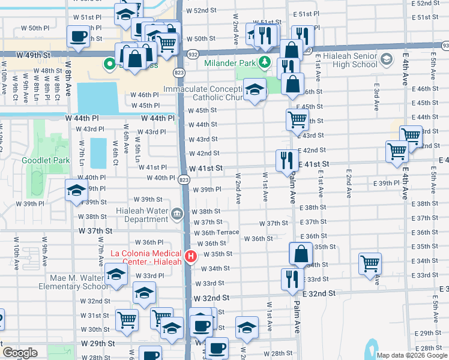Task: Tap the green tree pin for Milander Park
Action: pos(265,62)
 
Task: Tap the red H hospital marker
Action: pos(191,257)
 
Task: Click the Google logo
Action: pos(20,353)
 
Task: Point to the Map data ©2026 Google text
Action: pos(411,355)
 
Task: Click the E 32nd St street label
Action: pos(318,293)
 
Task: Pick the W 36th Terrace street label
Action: pos(215,232)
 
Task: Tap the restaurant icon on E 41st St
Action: pos(287,160)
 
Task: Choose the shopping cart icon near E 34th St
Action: pos(370,262)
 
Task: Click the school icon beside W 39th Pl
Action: pos(77,190)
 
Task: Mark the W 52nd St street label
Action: pos(200,11)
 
